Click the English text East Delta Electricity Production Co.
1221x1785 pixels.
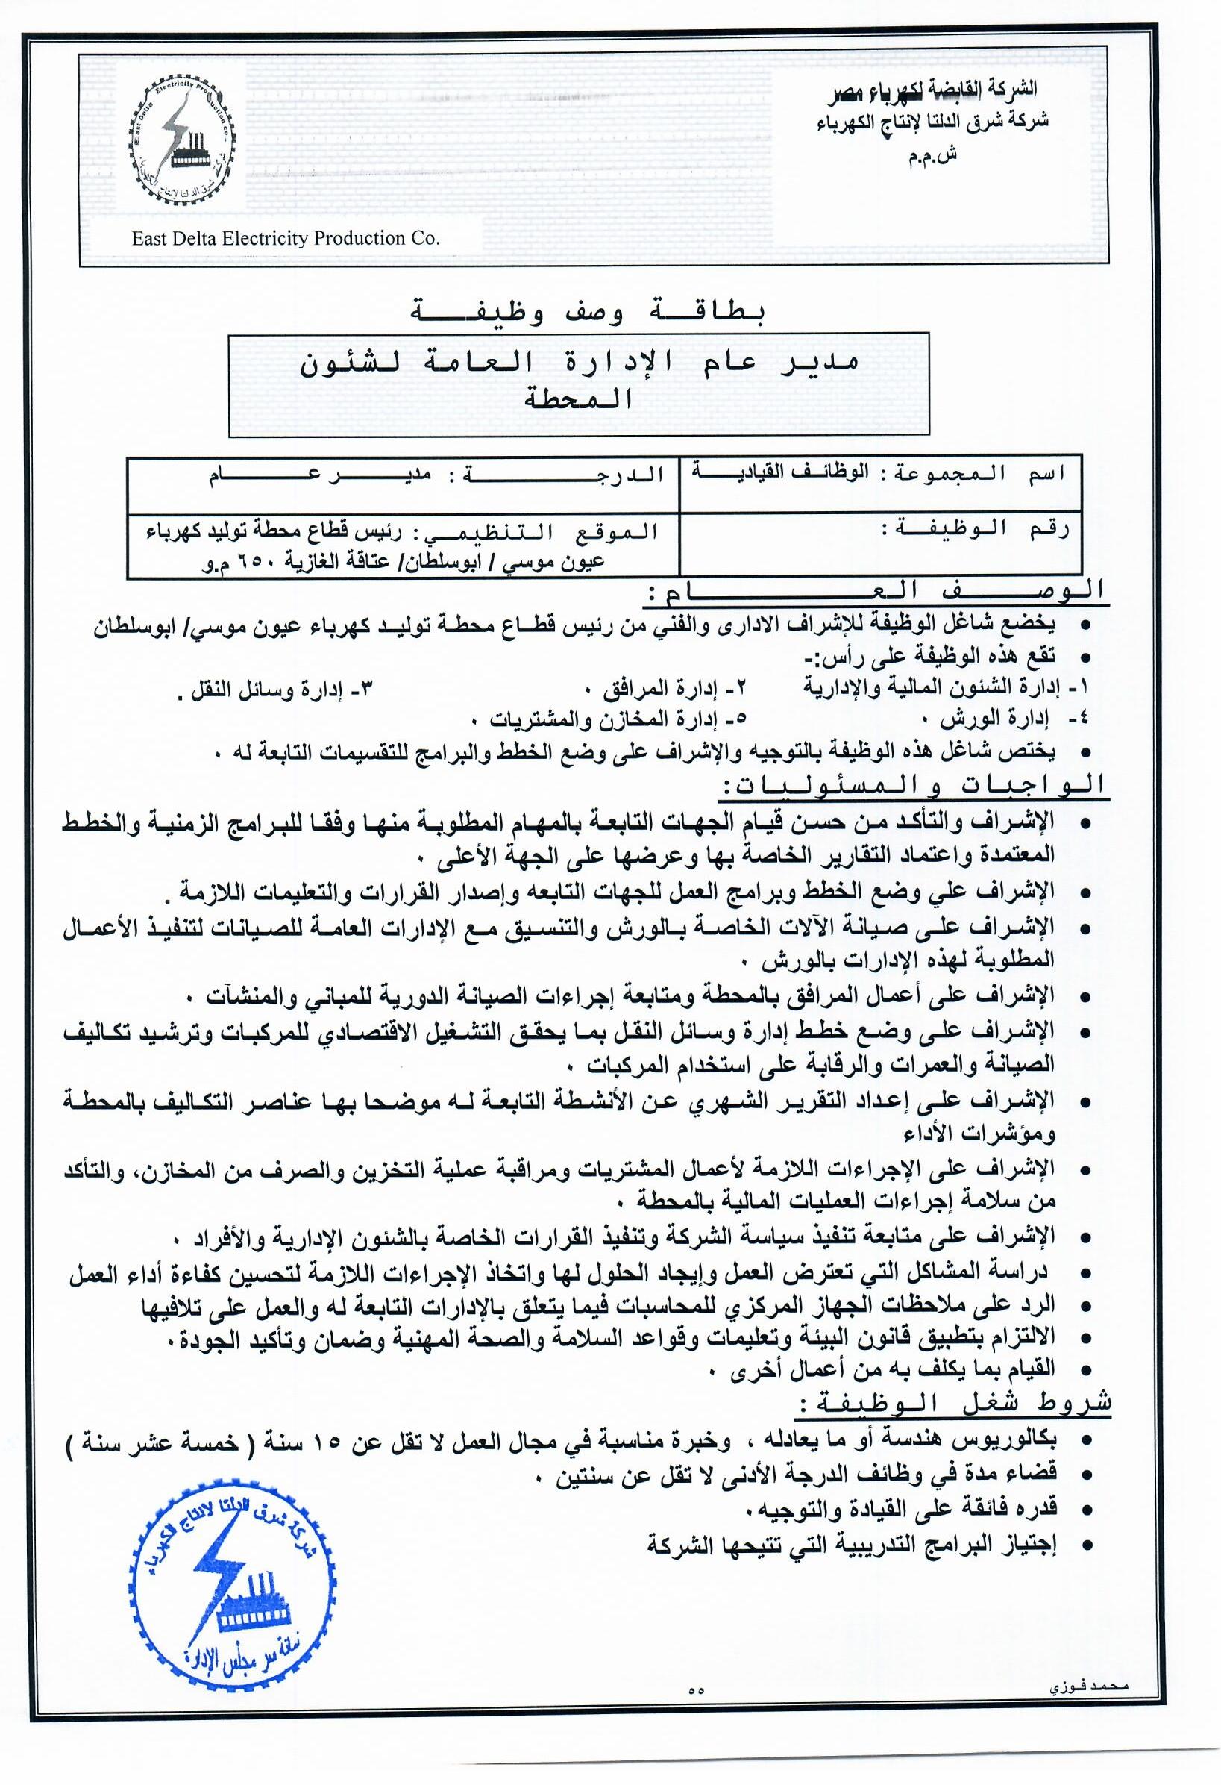click(286, 238)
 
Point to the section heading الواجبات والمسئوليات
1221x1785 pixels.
click(914, 785)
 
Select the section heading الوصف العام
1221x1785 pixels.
click(876, 591)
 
